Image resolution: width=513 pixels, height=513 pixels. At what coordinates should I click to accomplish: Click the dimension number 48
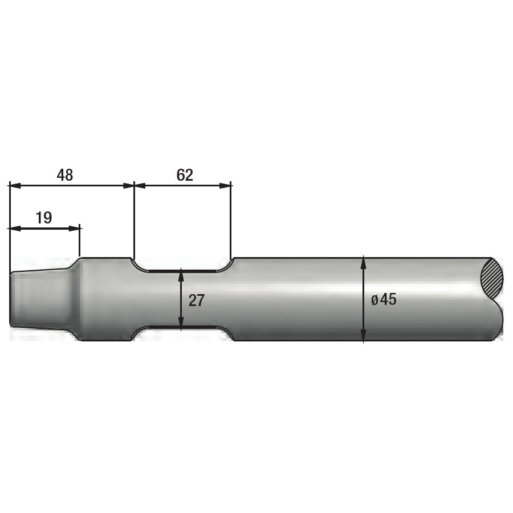(65, 175)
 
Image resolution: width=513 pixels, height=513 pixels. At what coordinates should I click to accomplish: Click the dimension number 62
(185, 175)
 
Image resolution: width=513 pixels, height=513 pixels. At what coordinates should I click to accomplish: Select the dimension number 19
(43, 218)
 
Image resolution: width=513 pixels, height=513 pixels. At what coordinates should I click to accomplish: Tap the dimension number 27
(196, 300)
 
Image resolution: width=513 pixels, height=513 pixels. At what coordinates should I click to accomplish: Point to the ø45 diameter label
(384, 299)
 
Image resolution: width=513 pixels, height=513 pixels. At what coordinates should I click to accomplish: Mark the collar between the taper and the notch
(105, 299)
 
